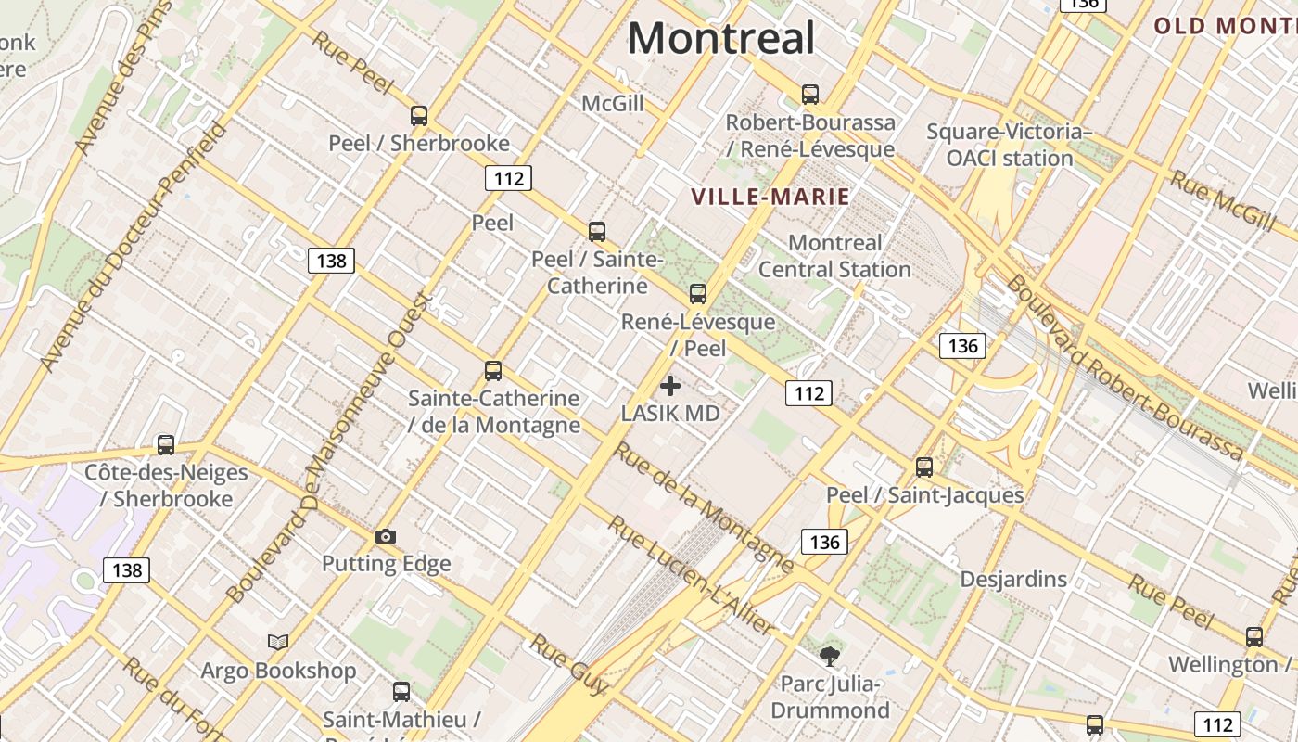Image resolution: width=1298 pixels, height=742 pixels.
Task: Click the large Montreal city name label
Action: (x=721, y=39)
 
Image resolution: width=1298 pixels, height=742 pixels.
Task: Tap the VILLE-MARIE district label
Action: (x=770, y=197)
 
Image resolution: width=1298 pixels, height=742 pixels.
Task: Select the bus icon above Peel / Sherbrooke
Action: (x=419, y=116)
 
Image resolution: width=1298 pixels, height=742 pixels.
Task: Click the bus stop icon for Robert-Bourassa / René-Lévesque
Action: (x=810, y=95)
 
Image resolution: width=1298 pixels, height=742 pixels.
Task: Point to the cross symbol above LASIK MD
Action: (x=670, y=386)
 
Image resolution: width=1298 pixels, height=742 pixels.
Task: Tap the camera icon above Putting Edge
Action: (x=386, y=536)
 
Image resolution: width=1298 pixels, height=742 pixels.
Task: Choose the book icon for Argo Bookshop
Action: (x=278, y=642)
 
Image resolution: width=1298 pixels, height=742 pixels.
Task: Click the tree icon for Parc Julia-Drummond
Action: (x=830, y=658)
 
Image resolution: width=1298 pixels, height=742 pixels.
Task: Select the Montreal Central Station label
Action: (x=834, y=256)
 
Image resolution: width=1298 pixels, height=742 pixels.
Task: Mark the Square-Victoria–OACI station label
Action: (x=1009, y=145)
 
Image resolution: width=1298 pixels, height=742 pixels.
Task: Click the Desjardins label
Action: (x=1013, y=580)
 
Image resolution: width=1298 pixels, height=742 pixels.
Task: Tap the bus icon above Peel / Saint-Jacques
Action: (x=924, y=467)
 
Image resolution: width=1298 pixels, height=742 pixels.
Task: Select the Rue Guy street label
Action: (x=568, y=664)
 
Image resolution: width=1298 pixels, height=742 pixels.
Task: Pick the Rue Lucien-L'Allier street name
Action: (x=691, y=575)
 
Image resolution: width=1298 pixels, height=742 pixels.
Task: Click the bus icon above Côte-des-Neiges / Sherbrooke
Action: (x=166, y=445)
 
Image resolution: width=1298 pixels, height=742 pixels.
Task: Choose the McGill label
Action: (x=613, y=103)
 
